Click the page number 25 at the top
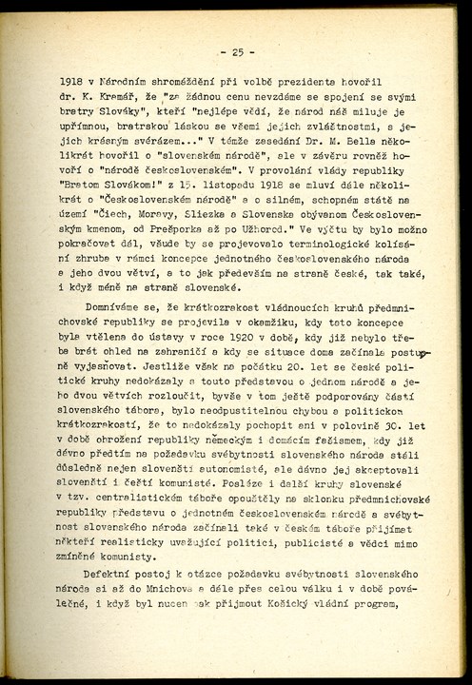click(x=236, y=51)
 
